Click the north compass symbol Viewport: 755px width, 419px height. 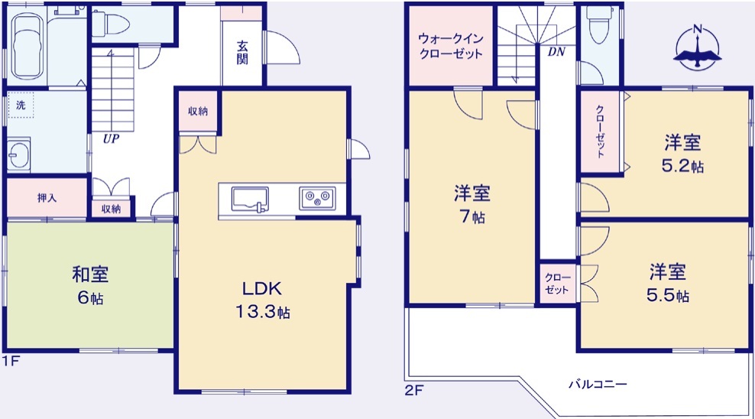[697, 48]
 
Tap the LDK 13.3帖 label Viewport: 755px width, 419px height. [262, 300]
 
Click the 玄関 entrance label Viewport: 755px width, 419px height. [242, 53]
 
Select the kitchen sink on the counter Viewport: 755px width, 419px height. [250, 200]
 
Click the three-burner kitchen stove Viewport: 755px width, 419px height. [317, 198]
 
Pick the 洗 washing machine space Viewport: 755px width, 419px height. [21, 105]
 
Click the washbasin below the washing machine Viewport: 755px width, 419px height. [18, 155]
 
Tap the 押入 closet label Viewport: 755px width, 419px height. [47, 198]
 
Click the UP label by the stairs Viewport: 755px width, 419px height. [111, 138]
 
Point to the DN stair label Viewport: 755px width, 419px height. [556, 51]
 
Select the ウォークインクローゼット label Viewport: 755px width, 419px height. [451, 46]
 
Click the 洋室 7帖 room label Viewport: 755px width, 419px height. [472, 204]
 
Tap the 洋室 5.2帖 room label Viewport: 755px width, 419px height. [682, 154]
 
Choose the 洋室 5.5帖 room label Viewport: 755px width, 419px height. [667, 283]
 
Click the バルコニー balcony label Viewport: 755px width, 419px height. [598, 385]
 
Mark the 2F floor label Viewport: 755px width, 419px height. [413, 390]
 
